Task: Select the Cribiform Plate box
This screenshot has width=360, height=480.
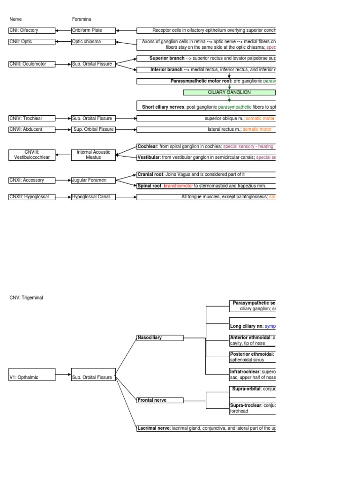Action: click(93, 30)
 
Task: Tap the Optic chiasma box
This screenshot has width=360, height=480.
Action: click(93, 42)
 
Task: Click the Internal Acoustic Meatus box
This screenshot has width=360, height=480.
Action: click(93, 155)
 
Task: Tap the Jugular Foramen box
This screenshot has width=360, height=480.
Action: click(93, 180)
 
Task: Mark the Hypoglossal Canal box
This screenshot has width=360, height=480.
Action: click(93, 197)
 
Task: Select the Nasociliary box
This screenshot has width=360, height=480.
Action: click(159, 337)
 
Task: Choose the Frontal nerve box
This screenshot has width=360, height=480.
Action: click(159, 400)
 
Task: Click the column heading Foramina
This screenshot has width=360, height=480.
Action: click(82, 19)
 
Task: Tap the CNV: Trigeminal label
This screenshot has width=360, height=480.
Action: click(26, 298)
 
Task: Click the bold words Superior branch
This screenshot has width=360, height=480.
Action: click(167, 59)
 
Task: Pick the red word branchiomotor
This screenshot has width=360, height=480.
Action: click(178, 186)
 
